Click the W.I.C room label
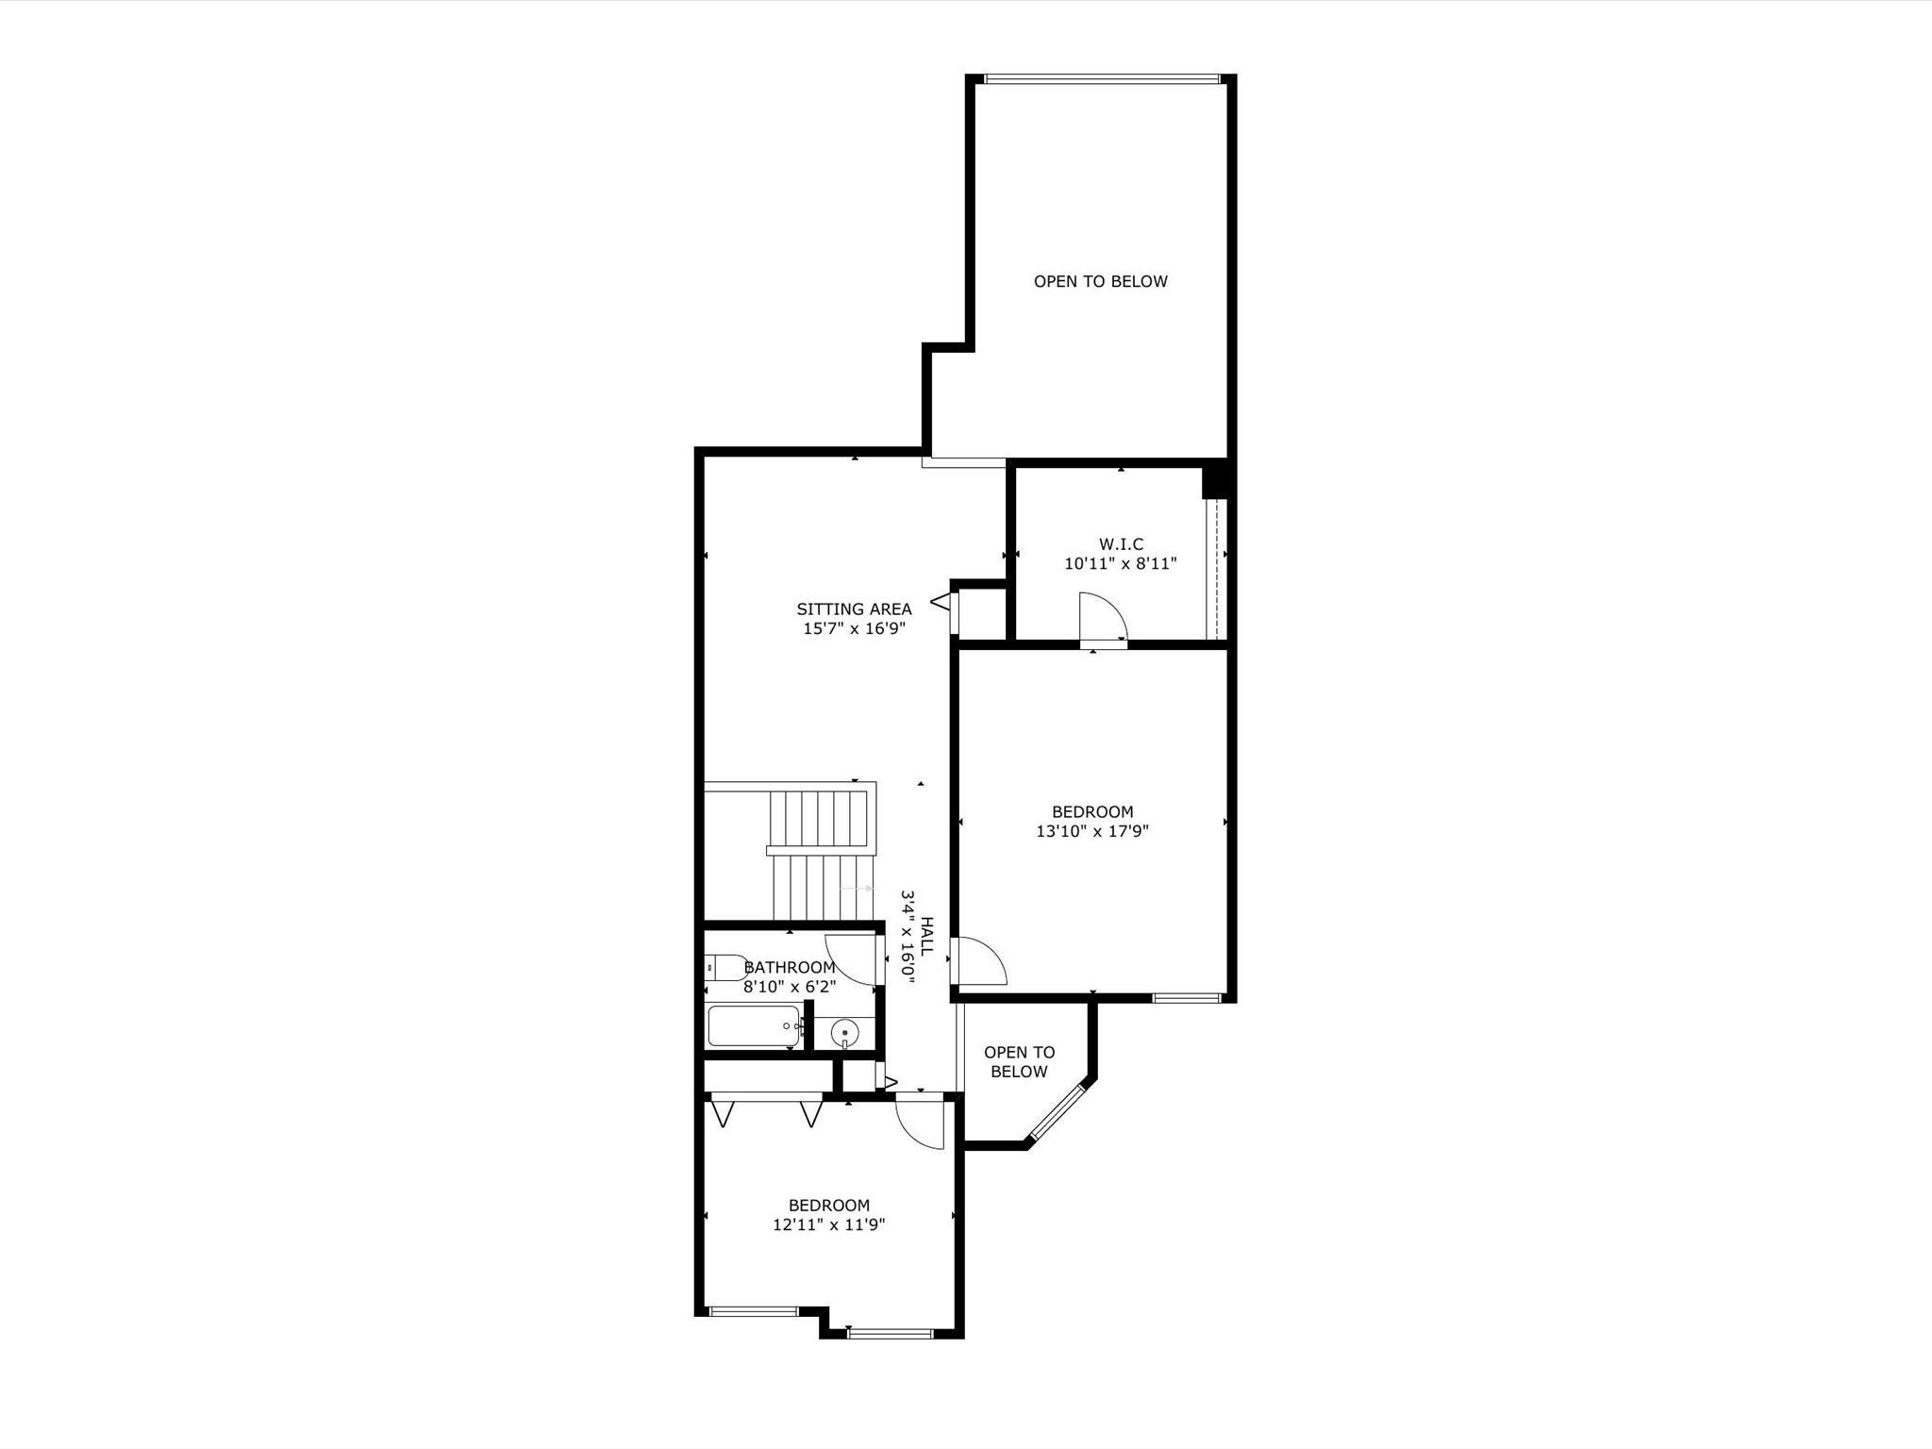pyautogui.click(x=1121, y=544)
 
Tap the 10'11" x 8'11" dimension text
pyautogui.click(x=1121, y=564)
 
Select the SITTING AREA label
pyautogui.click(x=854, y=609)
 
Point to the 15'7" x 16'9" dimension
pyautogui.click(x=854, y=629)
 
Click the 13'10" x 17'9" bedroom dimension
pyautogui.click(x=1092, y=832)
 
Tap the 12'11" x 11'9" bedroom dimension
pyautogui.click(x=829, y=1225)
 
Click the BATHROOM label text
pyautogui.click(x=790, y=968)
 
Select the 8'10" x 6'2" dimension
pyautogui.click(x=790, y=988)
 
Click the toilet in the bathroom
pyautogui.click(x=724, y=968)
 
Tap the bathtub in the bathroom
pyautogui.click(x=755, y=1026)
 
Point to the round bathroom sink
pyautogui.click(x=845, y=1034)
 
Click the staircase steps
pyautogui.click(x=819, y=853)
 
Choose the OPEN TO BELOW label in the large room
pyautogui.click(x=1100, y=281)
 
